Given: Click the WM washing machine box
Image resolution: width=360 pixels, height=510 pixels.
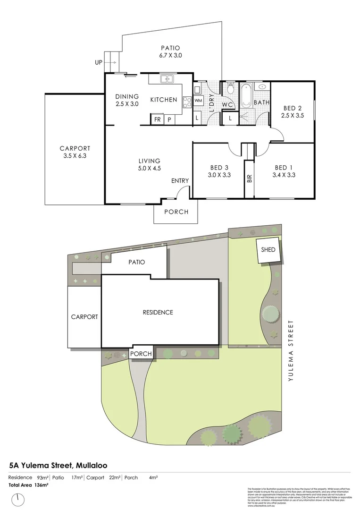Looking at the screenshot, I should click(x=198, y=100).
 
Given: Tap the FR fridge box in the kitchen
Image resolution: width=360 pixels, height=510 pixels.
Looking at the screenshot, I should click(x=157, y=119).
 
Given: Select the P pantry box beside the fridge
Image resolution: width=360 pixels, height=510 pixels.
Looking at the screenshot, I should click(x=169, y=119).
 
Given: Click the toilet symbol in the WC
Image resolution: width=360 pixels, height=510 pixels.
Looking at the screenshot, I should click(x=230, y=88).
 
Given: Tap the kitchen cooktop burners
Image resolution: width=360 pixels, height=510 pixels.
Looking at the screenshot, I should click(x=186, y=100).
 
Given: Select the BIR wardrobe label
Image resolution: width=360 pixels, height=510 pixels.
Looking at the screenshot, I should click(x=249, y=178).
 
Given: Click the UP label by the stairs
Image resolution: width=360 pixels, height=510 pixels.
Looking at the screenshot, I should click(x=99, y=62).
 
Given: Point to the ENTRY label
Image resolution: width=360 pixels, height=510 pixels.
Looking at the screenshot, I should click(x=180, y=180).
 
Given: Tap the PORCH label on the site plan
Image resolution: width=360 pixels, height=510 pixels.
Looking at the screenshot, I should click(x=141, y=354).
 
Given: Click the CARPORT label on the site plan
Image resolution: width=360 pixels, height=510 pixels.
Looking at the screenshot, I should click(x=84, y=317).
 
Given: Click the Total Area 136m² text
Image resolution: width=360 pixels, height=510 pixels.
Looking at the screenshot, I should click(x=29, y=485).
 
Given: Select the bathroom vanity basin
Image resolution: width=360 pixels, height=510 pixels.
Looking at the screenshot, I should click(x=262, y=87).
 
